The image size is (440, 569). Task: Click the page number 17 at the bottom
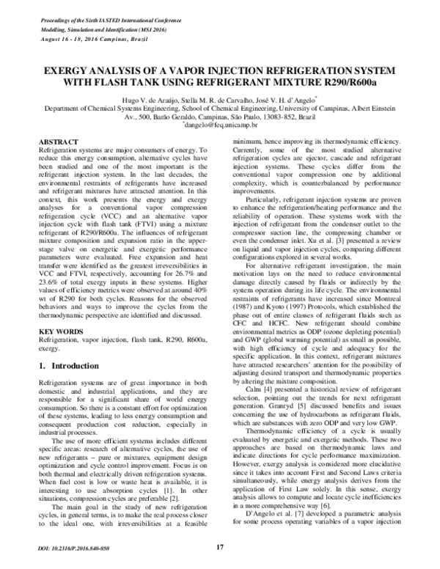220,547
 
